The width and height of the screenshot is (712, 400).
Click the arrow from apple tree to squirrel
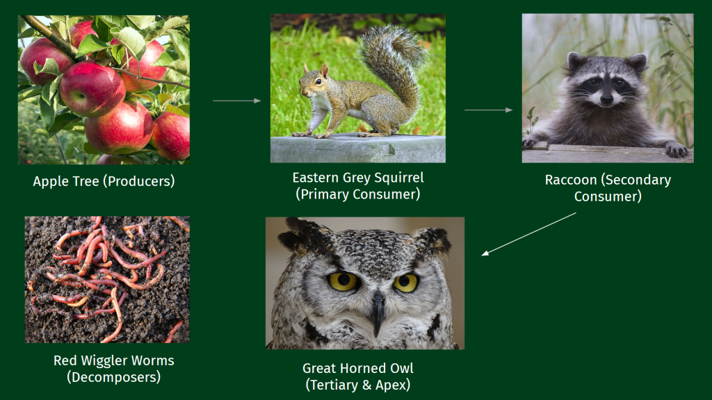click(x=237, y=101)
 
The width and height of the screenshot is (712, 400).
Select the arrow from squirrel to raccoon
click(x=489, y=110)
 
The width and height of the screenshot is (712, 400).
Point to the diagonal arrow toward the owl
click(x=528, y=234)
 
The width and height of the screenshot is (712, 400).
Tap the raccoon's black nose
click(x=606, y=99)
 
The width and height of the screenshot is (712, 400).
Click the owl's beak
click(x=377, y=314)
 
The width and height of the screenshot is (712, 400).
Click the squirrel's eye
click(x=318, y=82)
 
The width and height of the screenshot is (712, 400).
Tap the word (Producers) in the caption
click(x=139, y=181)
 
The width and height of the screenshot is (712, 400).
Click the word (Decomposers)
click(x=113, y=377)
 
